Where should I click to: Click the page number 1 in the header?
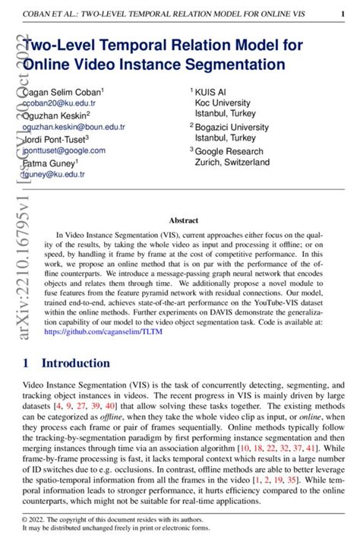click(343, 14)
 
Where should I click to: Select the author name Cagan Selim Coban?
click(65, 91)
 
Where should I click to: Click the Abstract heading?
click(183, 220)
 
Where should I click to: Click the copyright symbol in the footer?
click(27, 519)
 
